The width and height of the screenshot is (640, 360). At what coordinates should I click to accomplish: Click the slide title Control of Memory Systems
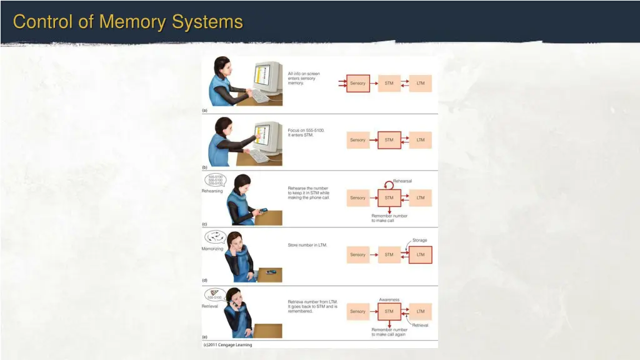[x=127, y=22]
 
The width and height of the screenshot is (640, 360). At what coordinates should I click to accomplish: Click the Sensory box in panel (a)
[x=357, y=83]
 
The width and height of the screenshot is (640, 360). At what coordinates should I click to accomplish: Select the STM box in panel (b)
[x=389, y=140]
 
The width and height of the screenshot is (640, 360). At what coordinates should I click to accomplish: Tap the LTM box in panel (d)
[x=420, y=254]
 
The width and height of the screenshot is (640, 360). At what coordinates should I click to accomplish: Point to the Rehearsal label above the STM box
[x=402, y=181]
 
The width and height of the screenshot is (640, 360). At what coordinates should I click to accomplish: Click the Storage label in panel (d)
[x=419, y=240]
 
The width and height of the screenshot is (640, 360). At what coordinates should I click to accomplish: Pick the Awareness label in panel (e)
[x=389, y=299]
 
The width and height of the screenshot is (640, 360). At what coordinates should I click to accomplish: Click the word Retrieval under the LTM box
[x=420, y=325]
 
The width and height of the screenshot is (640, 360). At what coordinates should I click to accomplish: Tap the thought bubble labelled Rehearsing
[x=215, y=181]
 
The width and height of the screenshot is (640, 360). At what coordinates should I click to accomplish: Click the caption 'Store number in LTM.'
[x=307, y=244]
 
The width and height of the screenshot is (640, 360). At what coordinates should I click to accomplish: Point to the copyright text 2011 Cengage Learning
[x=227, y=344]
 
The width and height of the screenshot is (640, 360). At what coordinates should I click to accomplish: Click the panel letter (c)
[x=204, y=223]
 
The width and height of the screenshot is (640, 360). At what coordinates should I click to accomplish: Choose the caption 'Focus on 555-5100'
[x=306, y=132]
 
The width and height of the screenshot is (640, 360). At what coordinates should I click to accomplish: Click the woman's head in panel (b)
[x=224, y=127]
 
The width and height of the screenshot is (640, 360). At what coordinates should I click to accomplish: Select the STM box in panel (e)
[x=389, y=311]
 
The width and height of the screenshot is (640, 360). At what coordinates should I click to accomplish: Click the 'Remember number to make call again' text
[x=389, y=332]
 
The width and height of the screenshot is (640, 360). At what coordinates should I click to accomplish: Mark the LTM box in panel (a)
[x=420, y=83]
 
